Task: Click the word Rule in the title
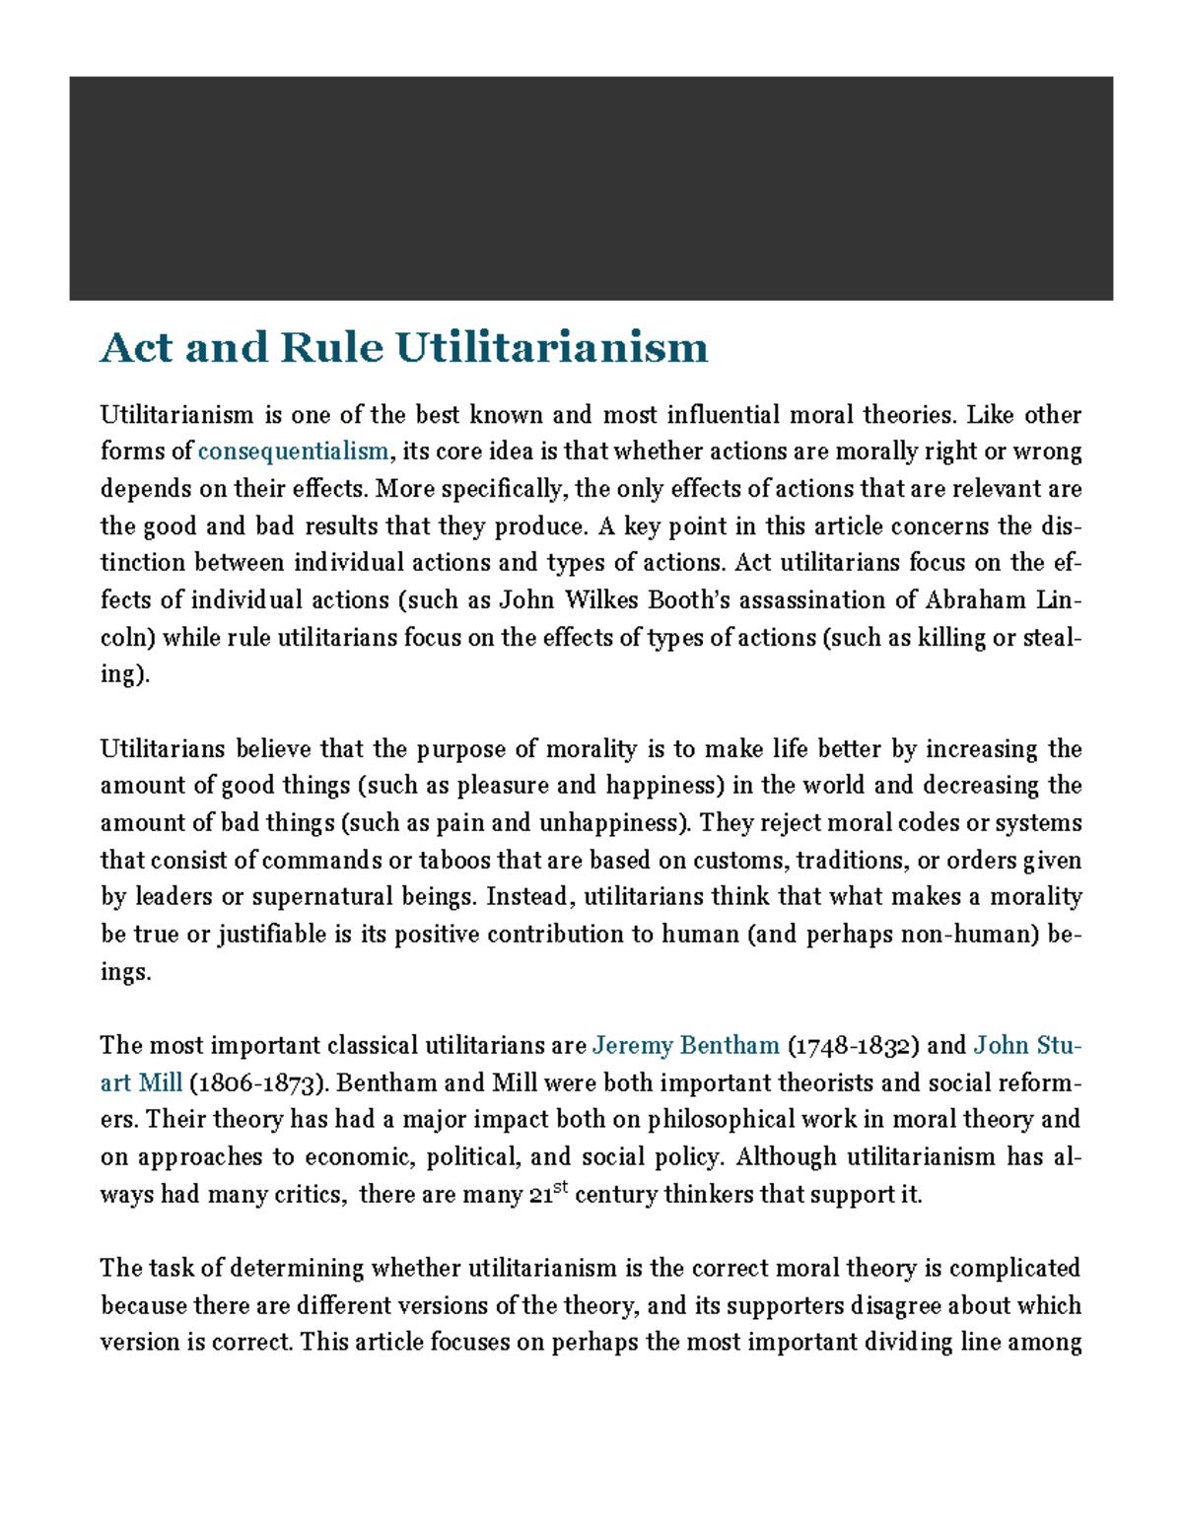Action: point(331,348)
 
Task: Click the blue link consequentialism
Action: point(293,452)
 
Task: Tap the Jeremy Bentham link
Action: point(686,1045)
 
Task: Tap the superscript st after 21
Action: point(561,1189)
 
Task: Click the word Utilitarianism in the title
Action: point(552,348)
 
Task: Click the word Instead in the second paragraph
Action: point(527,897)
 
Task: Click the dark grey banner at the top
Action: point(591,187)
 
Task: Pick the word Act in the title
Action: point(136,348)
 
